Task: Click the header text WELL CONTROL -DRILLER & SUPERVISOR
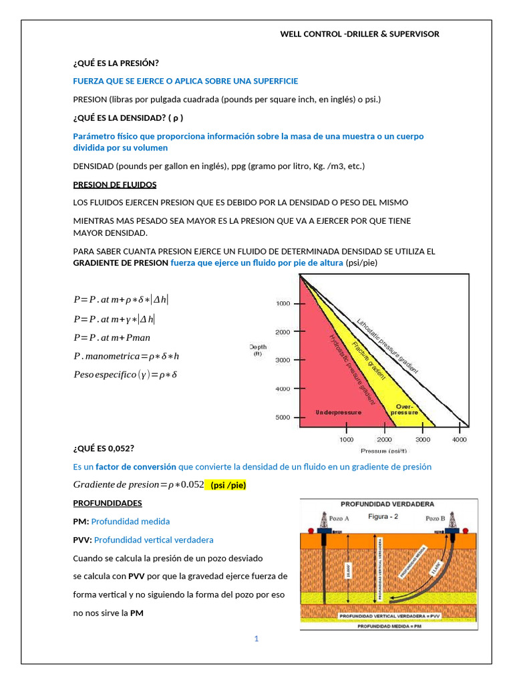(x=359, y=34)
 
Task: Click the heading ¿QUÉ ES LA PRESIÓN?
(x=116, y=63)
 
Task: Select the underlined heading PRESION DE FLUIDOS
(x=114, y=184)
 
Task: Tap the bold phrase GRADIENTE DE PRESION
(x=120, y=263)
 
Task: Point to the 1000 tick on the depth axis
(x=283, y=304)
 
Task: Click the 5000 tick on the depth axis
(x=283, y=417)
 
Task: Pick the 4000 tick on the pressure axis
(x=459, y=440)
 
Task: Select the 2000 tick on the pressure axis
(x=384, y=440)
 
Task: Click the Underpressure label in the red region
(x=338, y=412)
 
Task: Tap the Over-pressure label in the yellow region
(x=404, y=409)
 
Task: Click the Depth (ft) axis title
(x=258, y=350)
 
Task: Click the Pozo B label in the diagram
(x=436, y=518)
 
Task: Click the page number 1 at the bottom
(x=256, y=639)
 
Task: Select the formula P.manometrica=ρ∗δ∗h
(x=126, y=357)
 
